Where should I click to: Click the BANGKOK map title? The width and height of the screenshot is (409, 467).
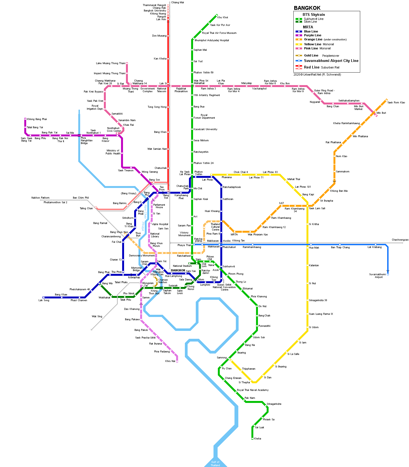click(307, 8)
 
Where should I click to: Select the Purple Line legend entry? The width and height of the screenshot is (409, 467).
click(312, 35)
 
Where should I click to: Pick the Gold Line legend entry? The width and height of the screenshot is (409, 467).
click(311, 55)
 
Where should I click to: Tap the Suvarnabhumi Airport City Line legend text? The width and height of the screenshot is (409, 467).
click(331, 61)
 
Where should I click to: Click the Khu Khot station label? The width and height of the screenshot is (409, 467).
click(222, 17)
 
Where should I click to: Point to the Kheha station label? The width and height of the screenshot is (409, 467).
click(257, 439)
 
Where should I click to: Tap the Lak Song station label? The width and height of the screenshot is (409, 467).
click(44, 300)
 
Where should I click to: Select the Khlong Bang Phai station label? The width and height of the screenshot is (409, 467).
click(37, 119)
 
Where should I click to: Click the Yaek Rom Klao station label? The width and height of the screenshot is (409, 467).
click(396, 103)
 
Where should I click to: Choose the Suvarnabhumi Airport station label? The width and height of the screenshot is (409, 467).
click(378, 276)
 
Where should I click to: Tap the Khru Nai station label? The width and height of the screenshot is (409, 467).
click(170, 361)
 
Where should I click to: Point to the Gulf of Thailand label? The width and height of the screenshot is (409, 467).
click(215, 463)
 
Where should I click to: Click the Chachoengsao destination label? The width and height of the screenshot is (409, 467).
click(400, 240)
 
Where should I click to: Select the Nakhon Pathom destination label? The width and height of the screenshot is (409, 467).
click(40, 198)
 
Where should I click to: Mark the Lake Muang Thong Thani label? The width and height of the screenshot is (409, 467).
click(110, 63)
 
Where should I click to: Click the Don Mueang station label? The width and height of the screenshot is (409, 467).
click(159, 36)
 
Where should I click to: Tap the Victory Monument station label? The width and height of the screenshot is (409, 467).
click(184, 234)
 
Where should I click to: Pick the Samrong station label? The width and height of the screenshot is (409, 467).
click(222, 358)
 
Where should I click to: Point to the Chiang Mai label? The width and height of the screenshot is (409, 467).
click(178, 2)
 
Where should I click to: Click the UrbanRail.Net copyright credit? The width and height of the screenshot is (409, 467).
click(317, 74)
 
